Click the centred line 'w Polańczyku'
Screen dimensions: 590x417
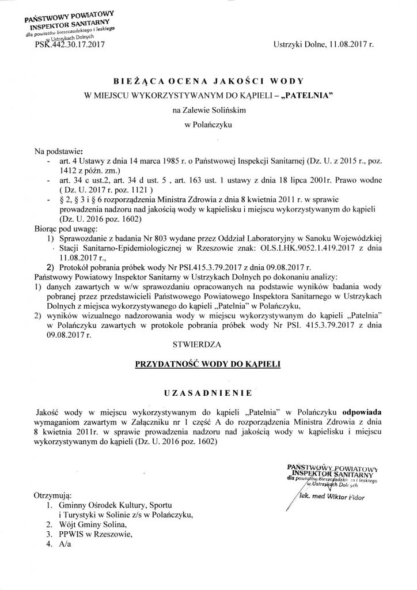point(208,134)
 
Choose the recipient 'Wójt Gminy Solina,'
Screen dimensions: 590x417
point(92,525)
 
